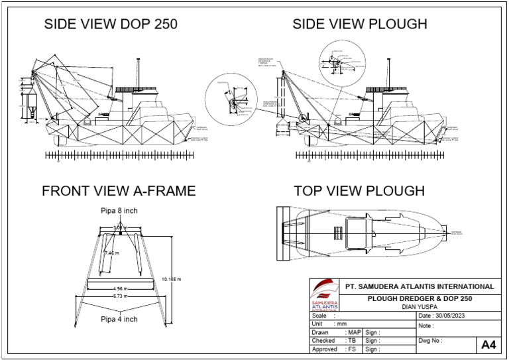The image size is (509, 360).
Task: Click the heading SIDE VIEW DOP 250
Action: click(x=110, y=25)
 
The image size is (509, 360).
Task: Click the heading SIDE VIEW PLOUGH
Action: click(x=360, y=25)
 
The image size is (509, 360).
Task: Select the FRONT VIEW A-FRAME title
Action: click(x=119, y=191)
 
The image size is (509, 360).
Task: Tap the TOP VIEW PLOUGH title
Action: click(x=359, y=191)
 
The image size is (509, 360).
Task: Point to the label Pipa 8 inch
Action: click(x=119, y=211)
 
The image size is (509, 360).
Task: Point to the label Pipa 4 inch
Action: click(x=119, y=319)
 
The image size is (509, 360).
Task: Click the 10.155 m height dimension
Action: click(x=171, y=279)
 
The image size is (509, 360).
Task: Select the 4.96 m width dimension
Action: click(x=120, y=289)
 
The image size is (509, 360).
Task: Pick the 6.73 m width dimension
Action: click(x=120, y=296)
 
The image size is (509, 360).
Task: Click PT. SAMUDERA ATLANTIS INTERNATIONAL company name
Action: click(x=420, y=286)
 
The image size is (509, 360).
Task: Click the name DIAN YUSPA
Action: click(x=421, y=307)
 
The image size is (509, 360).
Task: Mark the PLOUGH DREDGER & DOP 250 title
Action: click(x=420, y=298)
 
